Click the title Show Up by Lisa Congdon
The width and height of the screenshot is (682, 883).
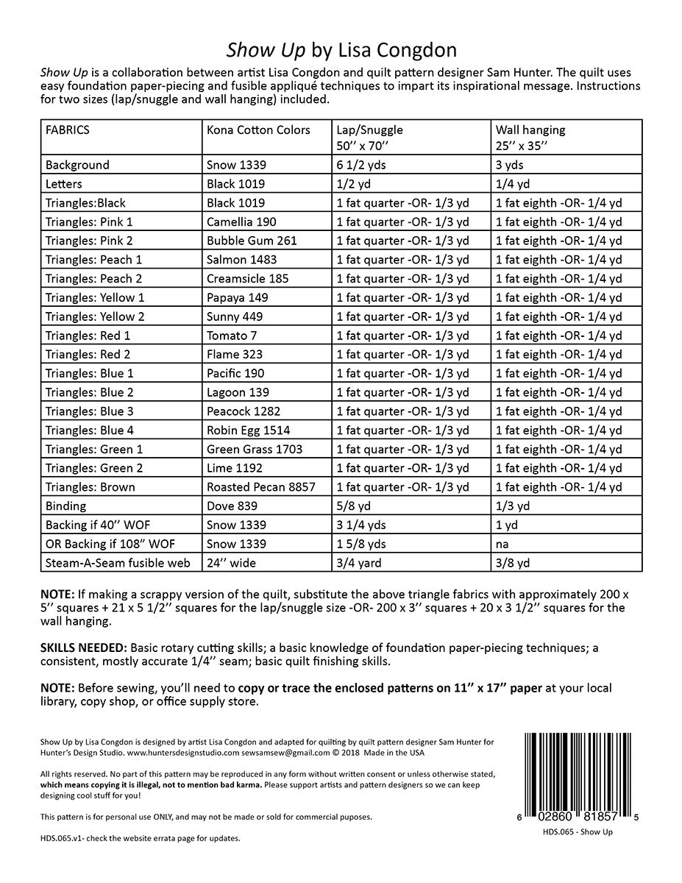[x=341, y=49]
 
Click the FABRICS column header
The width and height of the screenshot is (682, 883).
[x=68, y=130]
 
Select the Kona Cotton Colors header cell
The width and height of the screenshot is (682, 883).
[x=258, y=130]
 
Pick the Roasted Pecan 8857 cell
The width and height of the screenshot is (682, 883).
[x=260, y=487]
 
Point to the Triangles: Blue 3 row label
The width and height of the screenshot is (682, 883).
[x=89, y=411]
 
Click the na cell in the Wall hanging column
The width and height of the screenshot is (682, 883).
[x=503, y=545]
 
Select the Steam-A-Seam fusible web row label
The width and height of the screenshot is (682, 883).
[x=117, y=563]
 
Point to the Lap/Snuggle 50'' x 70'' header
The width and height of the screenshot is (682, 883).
[x=369, y=137]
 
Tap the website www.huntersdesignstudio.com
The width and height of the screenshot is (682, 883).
[x=183, y=753]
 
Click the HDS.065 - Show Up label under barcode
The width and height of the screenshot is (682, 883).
[x=577, y=832]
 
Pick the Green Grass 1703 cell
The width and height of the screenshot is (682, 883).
[x=254, y=450]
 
